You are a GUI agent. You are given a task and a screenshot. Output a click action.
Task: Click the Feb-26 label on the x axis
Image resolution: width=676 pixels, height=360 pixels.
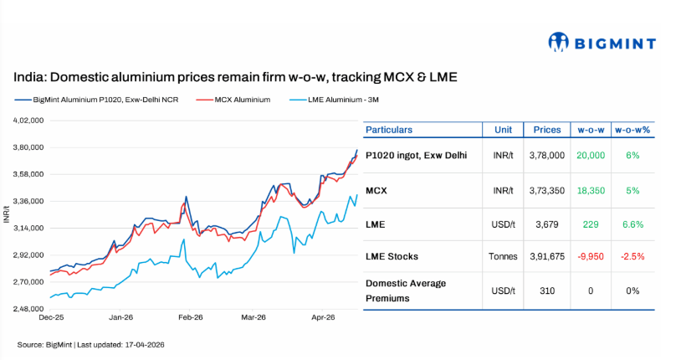click(191, 318)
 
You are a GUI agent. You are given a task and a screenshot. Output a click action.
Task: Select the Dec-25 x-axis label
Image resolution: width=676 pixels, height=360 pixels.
click(53, 318)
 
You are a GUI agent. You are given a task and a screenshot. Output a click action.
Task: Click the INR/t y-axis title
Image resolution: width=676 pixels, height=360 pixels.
click(7, 214)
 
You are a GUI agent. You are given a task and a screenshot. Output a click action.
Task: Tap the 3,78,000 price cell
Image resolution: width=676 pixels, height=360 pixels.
click(547, 156)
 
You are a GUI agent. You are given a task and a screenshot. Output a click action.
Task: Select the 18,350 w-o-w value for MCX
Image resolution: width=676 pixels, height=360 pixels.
click(590, 191)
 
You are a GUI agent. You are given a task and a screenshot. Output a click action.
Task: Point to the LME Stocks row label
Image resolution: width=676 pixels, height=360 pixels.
click(392, 255)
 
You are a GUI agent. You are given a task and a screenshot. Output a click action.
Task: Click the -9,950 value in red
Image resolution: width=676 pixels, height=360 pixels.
click(590, 255)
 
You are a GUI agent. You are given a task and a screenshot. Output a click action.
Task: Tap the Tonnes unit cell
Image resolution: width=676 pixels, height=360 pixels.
click(504, 255)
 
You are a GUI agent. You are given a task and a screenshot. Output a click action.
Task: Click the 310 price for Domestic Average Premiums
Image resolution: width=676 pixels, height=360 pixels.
click(547, 291)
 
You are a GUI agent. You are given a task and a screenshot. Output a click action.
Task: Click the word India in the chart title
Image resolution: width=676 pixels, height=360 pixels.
click(28, 77)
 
